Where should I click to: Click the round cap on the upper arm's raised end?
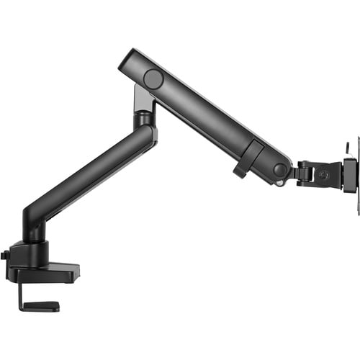coord(153,78)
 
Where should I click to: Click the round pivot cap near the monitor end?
coord(280,170)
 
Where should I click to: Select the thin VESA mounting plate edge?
coord(356,165)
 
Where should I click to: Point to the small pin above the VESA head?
coord(345,147)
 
